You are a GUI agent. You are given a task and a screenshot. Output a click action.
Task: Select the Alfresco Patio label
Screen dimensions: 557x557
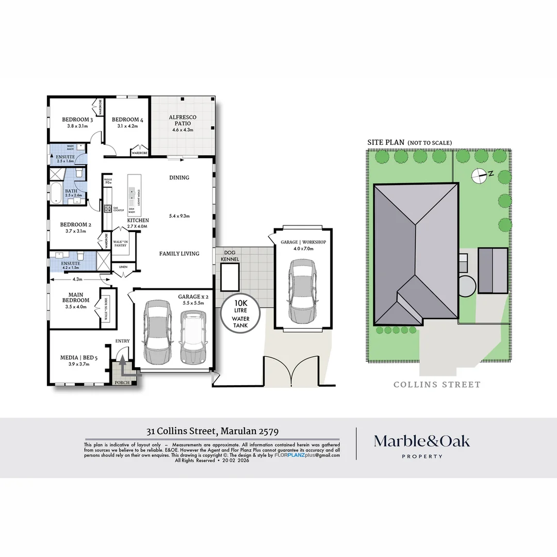coord(183,121)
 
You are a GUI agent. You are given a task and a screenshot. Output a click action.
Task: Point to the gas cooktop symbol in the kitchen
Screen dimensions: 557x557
coord(108,209)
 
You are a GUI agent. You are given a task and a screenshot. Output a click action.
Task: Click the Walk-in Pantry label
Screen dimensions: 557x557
coord(120,243)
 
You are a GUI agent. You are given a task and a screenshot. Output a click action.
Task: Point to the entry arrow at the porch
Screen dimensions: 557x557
coord(122,365)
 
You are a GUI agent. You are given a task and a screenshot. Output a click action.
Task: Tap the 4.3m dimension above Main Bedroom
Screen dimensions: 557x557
coord(77,280)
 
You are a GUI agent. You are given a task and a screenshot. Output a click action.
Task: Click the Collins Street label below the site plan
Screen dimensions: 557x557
coord(437,384)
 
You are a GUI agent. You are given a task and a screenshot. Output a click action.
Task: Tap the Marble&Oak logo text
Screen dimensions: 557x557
coord(422,441)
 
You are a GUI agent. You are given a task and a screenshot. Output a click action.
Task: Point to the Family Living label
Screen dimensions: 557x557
coord(179,254)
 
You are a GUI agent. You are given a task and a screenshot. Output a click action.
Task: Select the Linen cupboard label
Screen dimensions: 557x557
coord(123,267)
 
